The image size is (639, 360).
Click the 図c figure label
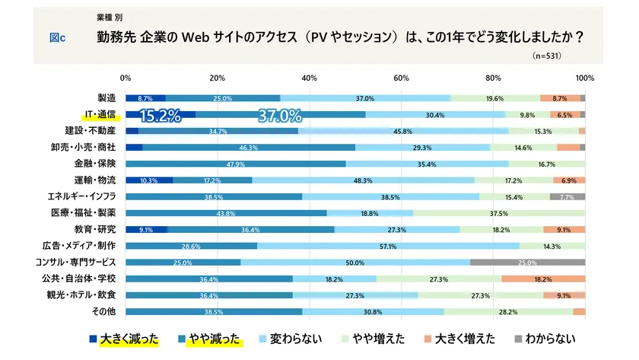tap(57, 37)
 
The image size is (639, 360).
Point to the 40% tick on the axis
tap(310, 78)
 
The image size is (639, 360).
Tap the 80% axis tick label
tap(493, 78)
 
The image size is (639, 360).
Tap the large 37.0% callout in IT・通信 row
tap(280, 116)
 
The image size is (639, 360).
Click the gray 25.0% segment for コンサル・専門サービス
tap(527, 263)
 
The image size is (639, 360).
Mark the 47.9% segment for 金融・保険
tap(235, 164)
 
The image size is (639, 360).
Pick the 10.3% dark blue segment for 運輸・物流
tap(148, 180)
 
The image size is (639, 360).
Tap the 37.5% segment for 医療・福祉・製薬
tap(498, 213)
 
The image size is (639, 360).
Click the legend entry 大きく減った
tap(122, 339)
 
